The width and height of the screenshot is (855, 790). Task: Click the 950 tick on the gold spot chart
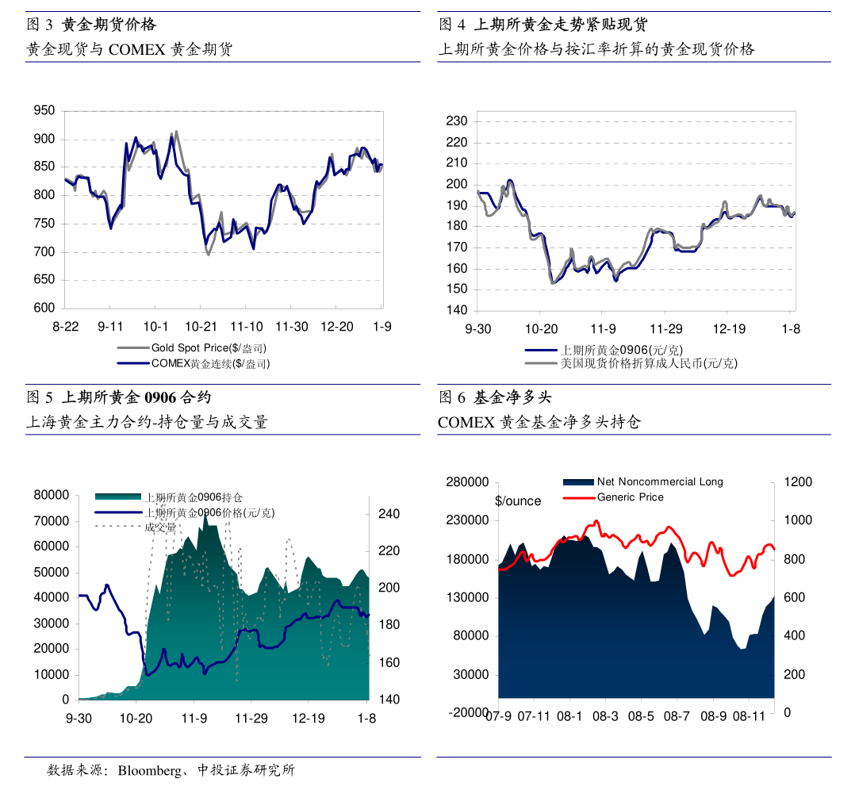tap(44, 111)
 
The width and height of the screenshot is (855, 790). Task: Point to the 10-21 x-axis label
tap(201, 327)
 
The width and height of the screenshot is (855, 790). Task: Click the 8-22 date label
tap(66, 327)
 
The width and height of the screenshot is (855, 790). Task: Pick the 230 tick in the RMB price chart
tap(458, 121)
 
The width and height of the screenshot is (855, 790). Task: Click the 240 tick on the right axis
tap(389, 514)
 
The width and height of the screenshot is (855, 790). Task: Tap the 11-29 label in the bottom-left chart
tap(251, 719)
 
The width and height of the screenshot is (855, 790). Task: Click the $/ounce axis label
tap(518, 501)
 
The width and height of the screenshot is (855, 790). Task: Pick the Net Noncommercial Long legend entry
tap(659, 481)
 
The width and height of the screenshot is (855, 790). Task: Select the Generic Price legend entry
tap(630, 497)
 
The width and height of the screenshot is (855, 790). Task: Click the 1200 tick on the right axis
tap(798, 482)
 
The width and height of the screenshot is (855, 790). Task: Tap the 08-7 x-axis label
tap(677, 716)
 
